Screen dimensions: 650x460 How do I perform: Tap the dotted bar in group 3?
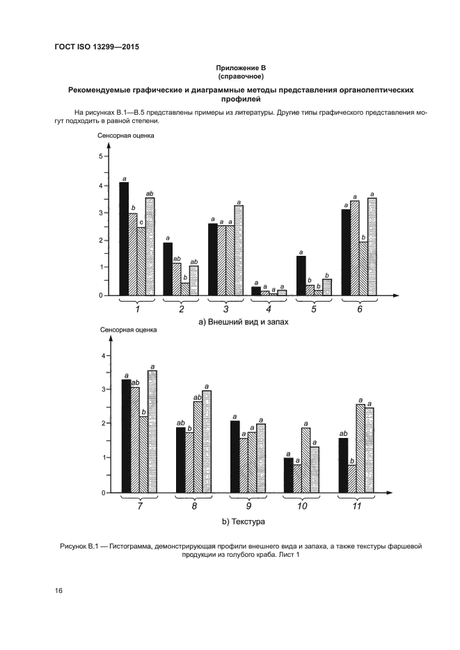pos(239,250)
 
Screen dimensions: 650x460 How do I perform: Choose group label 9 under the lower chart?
pos(248,505)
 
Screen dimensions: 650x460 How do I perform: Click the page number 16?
pos(58,590)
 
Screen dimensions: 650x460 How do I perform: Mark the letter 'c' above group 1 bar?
pos(141,222)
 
